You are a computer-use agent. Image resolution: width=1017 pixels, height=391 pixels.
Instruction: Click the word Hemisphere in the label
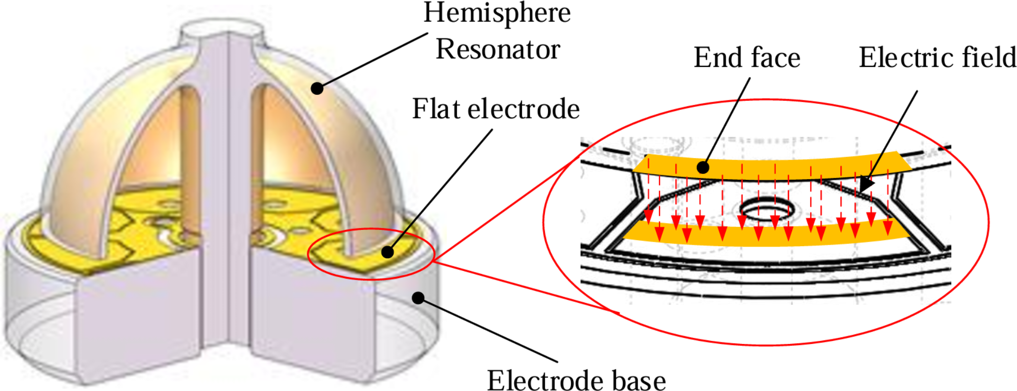(x=497, y=14)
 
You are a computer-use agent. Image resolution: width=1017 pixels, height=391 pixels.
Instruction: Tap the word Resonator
(x=498, y=50)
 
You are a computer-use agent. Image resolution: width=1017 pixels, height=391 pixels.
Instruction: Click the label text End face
(x=747, y=57)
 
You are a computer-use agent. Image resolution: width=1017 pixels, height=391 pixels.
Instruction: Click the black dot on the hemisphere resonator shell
(x=317, y=88)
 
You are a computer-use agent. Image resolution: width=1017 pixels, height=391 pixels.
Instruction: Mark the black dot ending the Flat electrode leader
(x=387, y=252)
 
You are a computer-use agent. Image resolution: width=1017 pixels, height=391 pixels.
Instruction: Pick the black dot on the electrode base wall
(x=418, y=298)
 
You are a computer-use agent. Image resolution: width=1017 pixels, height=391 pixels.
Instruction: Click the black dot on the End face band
(x=702, y=167)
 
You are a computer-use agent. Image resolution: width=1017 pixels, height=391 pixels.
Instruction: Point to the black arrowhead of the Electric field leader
(x=867, y=185)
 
